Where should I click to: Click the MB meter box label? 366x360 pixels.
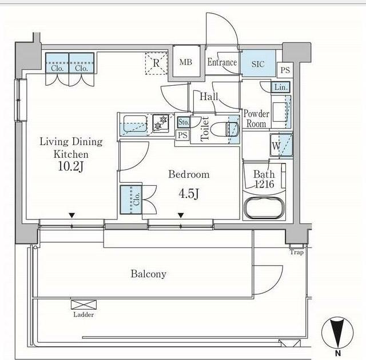pyautogui.click(x=186, y=62)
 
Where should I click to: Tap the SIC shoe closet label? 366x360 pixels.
pyautogui.click(x=258, y=64)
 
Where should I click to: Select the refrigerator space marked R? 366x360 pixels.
pyautogui.click(x=156, y=63)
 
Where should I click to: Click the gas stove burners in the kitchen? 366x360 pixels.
pyautogui.click(x=161, y=123)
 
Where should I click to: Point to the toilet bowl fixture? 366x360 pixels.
pyautogui.click(x=225, y=129)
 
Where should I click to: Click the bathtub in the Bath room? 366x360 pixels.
pyautogui.click(x=264, y=207)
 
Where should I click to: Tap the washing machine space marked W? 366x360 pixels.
pyautogui.click(x=281, y=145)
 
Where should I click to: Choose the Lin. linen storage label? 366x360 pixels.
pyautogui.click(x=281, y=87)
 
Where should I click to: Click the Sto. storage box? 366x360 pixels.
pyautogui.click(x=184, y=122)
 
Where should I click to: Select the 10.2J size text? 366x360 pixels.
pyautogui.click(x=71, y=166)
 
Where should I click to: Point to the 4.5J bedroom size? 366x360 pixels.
pyautogui.click(x=189, y=193)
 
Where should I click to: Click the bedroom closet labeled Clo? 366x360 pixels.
pyautogui.click(x=131, y=199)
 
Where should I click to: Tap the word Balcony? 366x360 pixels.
pyautogui.click(x=149, y=274)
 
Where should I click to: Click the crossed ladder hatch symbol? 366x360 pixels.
pyautogui.click(x=83, y=305)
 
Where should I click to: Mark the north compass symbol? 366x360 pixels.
pyautogui.click(x=337, y=333)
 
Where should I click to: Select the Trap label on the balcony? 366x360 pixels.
pyautogui.click(x=297, y=252)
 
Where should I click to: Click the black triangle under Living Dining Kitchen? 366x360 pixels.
pyautogui.click(x=71, y=215)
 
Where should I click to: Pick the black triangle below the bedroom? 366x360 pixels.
pyautogui.click(x=181, y=215)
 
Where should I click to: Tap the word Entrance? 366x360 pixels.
pyautogui.click(x=222, y=62)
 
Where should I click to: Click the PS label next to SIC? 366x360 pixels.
pyautogui.click(x=285, y=70)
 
